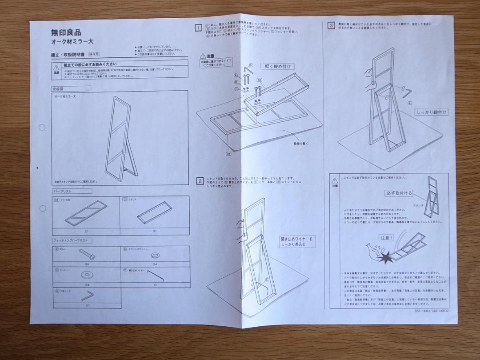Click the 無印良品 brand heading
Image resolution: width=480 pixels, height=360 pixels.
(x=66, y=32)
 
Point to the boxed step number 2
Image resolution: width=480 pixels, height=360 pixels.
(x=200, y=181)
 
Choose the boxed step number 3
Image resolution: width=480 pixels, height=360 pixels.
(x=331, y=25)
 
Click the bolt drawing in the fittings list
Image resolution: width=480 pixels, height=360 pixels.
(x=86, y=255)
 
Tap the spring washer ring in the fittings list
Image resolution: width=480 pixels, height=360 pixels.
(x=156, y=255)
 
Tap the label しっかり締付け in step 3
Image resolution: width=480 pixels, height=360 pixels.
(x=432, y=112)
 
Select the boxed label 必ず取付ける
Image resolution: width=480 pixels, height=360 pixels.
(x=399, y=193)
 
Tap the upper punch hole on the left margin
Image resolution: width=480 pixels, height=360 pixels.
(x=42, y=127)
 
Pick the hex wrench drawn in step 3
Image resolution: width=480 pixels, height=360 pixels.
(x=406, y=91)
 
